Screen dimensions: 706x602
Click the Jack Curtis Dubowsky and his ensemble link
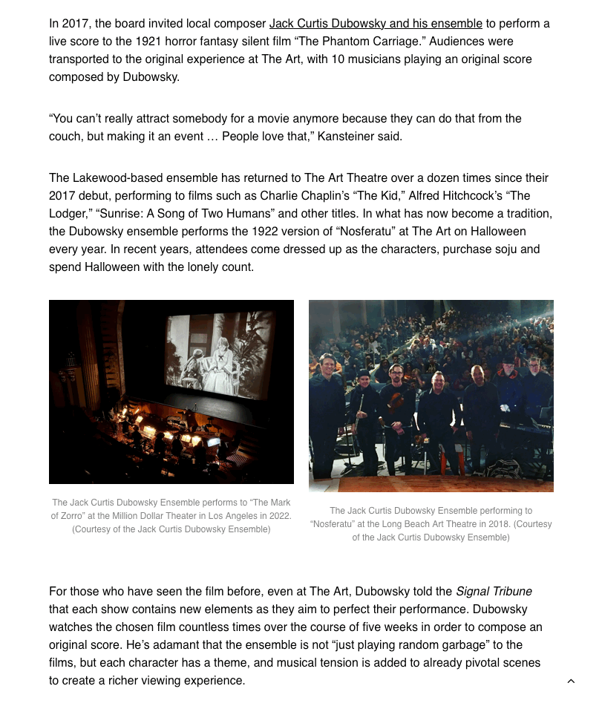pyautogui.click(x=376, y=24)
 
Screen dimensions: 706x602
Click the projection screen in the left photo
pyautogui.click(x=220, y=354)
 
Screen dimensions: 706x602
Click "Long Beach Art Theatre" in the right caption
pyautogui.click(x=420, y=524)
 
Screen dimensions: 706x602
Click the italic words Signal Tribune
pyautogui.click(x=494, y=592)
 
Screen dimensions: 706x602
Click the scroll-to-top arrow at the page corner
pyautogui.click(x=571, y=682)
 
